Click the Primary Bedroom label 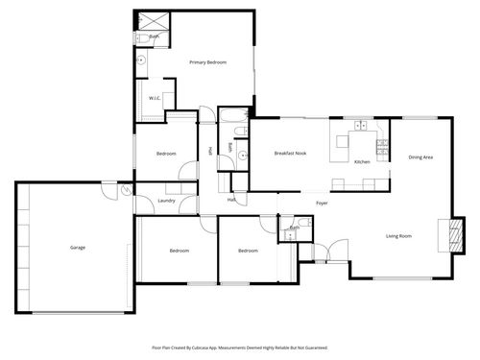207,62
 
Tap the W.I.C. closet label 154,99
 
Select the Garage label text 78,248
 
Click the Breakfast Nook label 290,153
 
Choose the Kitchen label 362,161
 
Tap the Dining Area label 420,156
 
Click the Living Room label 399,235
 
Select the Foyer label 322,203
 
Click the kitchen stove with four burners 382,147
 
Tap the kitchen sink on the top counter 362,126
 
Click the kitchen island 342,146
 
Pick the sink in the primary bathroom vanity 141,59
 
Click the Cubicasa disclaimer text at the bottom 240,347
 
